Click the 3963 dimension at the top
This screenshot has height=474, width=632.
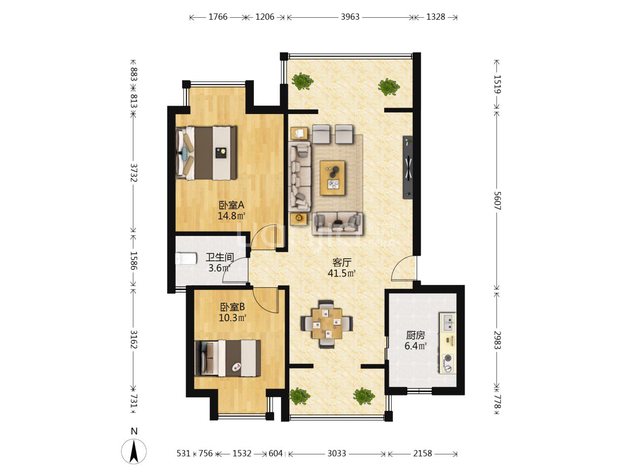pyautogui.click(x=350, y=17)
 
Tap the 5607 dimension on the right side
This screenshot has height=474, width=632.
pyautogui.click(x=497, y=200)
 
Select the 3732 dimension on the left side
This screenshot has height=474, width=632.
pyautogui.click(x=134, y=173)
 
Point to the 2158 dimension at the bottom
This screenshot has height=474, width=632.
pyautogui.click(x=423, y=453)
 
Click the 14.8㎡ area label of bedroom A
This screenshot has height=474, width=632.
pyautogui.click(x=232, y=216)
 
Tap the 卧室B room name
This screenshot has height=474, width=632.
pyautogui.click(x=233, y=307)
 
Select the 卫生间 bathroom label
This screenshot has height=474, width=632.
pyautogui.click(x=219, y=257)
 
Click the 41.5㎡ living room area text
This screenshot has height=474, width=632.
pyautogui.click(x=342, y=273)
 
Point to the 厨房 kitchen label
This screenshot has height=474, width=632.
pyautogui.click(x=415, y=335)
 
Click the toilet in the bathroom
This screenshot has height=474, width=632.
pyautogui.click(x=186, y=258)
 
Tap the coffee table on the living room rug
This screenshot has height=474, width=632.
pyautogui.click(x=333, y=178)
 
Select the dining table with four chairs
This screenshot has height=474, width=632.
pyautogui.click(x=327, y=324)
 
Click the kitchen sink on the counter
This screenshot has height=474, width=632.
pyautogui.click(x=448, y=322)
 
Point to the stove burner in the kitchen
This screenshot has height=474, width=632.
pyautogui.click(x=448, y=363)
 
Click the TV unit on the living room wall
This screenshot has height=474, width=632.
pyautogui.click(x=408, y=167)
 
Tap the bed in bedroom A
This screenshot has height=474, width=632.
pyautogui.click(x=206, y=153)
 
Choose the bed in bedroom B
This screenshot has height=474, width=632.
pyautogui.click(x=228, y=358)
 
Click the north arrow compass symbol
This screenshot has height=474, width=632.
pyautogui.click(x=134, y=451)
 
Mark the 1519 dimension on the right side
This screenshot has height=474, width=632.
pyautogui.click(x=497, y=84)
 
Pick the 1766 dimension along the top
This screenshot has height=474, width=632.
pyautogui.click(x=218, y=17)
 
